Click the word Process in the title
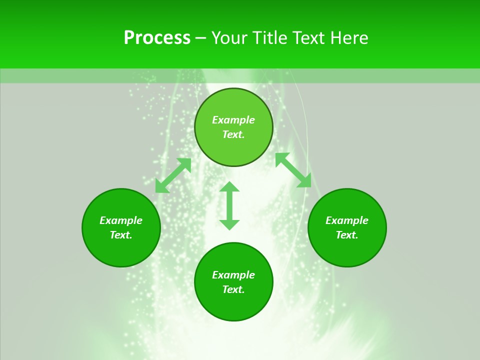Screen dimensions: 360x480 [x=157, y=38]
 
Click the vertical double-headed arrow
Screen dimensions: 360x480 [x=229, y=206]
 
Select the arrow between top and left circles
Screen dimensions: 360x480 [x=173, y=175]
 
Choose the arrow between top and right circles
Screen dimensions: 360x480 [x=293, y=170]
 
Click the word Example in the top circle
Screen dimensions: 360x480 [x=233, y=120]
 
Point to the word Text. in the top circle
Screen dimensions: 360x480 [x=233, y=134]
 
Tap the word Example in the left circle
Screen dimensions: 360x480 [x=121, y=220]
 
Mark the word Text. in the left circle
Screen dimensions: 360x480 [x=121, y=235]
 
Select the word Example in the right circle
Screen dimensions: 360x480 [x=347, y=220]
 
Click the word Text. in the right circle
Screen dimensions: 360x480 [x=347, y=235]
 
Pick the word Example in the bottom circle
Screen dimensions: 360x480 [x=233, y=275]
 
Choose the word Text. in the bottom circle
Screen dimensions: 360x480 [x=233, y=289]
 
